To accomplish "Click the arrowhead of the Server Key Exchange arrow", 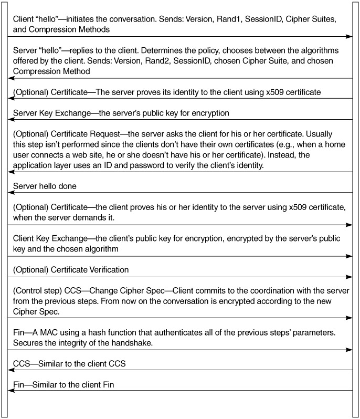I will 10,119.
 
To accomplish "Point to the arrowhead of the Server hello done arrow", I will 10,192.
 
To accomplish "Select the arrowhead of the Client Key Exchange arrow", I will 349,256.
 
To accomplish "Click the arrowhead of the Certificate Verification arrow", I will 349,277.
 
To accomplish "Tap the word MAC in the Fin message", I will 50,332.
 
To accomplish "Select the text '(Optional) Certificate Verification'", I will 70,270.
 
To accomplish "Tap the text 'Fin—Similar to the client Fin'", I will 63,385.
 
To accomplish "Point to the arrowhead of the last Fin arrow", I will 10,391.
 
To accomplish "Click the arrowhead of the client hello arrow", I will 349,36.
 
